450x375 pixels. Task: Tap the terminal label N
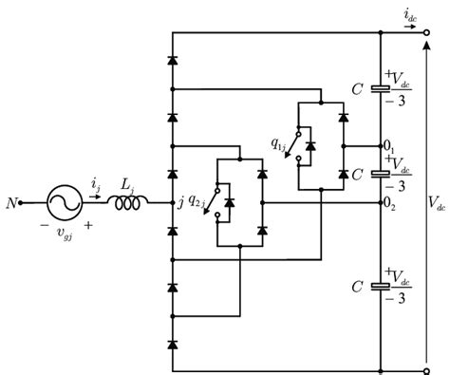(x=11, y=203)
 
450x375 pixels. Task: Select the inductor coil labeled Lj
(x=126, y=201)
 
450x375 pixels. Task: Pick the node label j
(x=156, y=202)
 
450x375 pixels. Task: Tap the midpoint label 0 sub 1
(x=389, y=148)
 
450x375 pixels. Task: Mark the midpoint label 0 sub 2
(x=389, y=203)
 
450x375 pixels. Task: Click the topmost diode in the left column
(x=172, y=59)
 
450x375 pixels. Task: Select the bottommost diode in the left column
(x=172, y=342)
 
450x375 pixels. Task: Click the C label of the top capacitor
(x=356, y=87)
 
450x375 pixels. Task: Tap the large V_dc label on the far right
(x=437, y=202)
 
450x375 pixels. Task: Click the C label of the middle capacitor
(x=356, y=175)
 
